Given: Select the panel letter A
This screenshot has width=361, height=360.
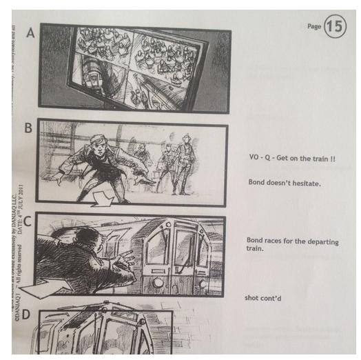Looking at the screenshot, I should [x=30, y=32].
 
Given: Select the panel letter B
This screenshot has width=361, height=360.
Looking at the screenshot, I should [x=28, y=129].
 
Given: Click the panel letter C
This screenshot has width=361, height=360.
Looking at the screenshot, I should [x=28, y=222].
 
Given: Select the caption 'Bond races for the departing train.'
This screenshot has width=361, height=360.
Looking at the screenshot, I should [x=282, y=244].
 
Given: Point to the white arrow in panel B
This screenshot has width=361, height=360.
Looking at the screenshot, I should [x=103, y=199].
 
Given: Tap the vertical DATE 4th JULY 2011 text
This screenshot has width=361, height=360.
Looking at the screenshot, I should [x=24, y=200].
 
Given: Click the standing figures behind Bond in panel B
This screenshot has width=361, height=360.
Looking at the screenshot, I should [x=176, y=162].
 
